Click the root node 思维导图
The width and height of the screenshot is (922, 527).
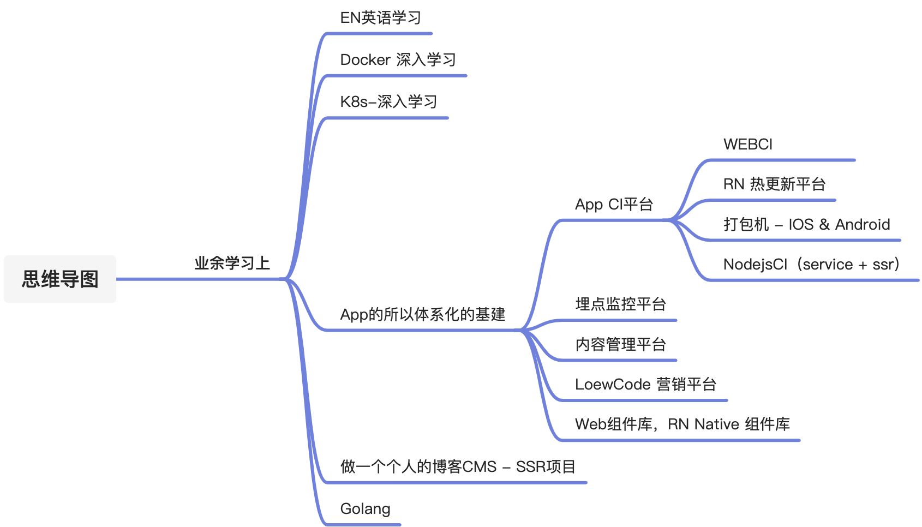pos(60,279)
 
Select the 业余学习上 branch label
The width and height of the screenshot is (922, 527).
pos(232,263)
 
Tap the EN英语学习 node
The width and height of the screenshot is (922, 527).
pos(380,18)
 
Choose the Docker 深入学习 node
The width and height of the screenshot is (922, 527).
pos(398,59)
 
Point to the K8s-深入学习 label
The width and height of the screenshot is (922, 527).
pos(388,101)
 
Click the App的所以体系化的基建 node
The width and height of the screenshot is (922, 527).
pos(422,314)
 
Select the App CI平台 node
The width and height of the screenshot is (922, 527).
pos(614,204)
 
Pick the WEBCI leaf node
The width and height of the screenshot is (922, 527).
pos(747,144)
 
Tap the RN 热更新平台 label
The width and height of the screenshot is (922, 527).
pos(774,184)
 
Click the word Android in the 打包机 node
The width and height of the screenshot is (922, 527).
pos(862,224)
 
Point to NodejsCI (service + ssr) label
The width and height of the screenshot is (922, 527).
pos(811,264)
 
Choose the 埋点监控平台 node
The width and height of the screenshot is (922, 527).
pos(620,304)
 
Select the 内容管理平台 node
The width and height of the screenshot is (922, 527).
pos(620,344)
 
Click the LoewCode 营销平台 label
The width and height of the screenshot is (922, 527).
pos(645,384)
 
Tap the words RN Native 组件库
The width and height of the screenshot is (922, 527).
pos(728,424)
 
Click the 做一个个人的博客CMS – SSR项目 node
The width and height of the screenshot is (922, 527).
pos(457,466)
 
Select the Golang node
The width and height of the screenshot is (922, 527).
pos(365,508)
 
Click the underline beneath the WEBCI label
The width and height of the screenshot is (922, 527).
pos(780,160)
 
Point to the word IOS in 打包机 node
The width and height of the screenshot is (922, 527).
pos(800,224)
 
